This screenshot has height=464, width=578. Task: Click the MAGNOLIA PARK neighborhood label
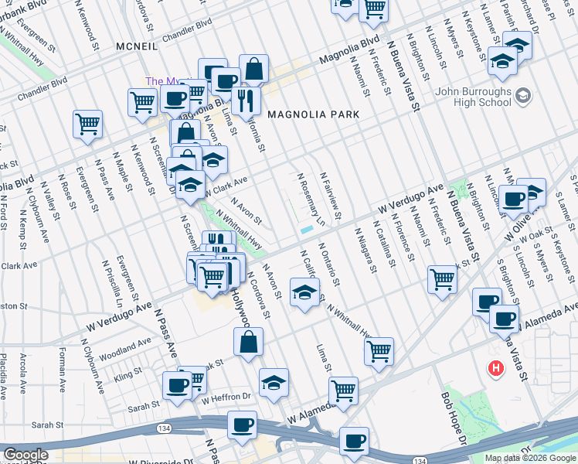(x=313, y=114)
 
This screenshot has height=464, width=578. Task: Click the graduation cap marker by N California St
(x=304, y=292)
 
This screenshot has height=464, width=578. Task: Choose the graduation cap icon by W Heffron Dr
(x=274, y=383)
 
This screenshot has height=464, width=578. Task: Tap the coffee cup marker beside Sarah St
(x=176, y=385)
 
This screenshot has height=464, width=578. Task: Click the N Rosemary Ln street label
(x=314, y=197)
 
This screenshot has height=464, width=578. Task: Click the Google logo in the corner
(x=25, y=455)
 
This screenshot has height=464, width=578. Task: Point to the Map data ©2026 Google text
(x=530, y=458)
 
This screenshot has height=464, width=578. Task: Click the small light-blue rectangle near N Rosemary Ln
(x=306, y=230)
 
